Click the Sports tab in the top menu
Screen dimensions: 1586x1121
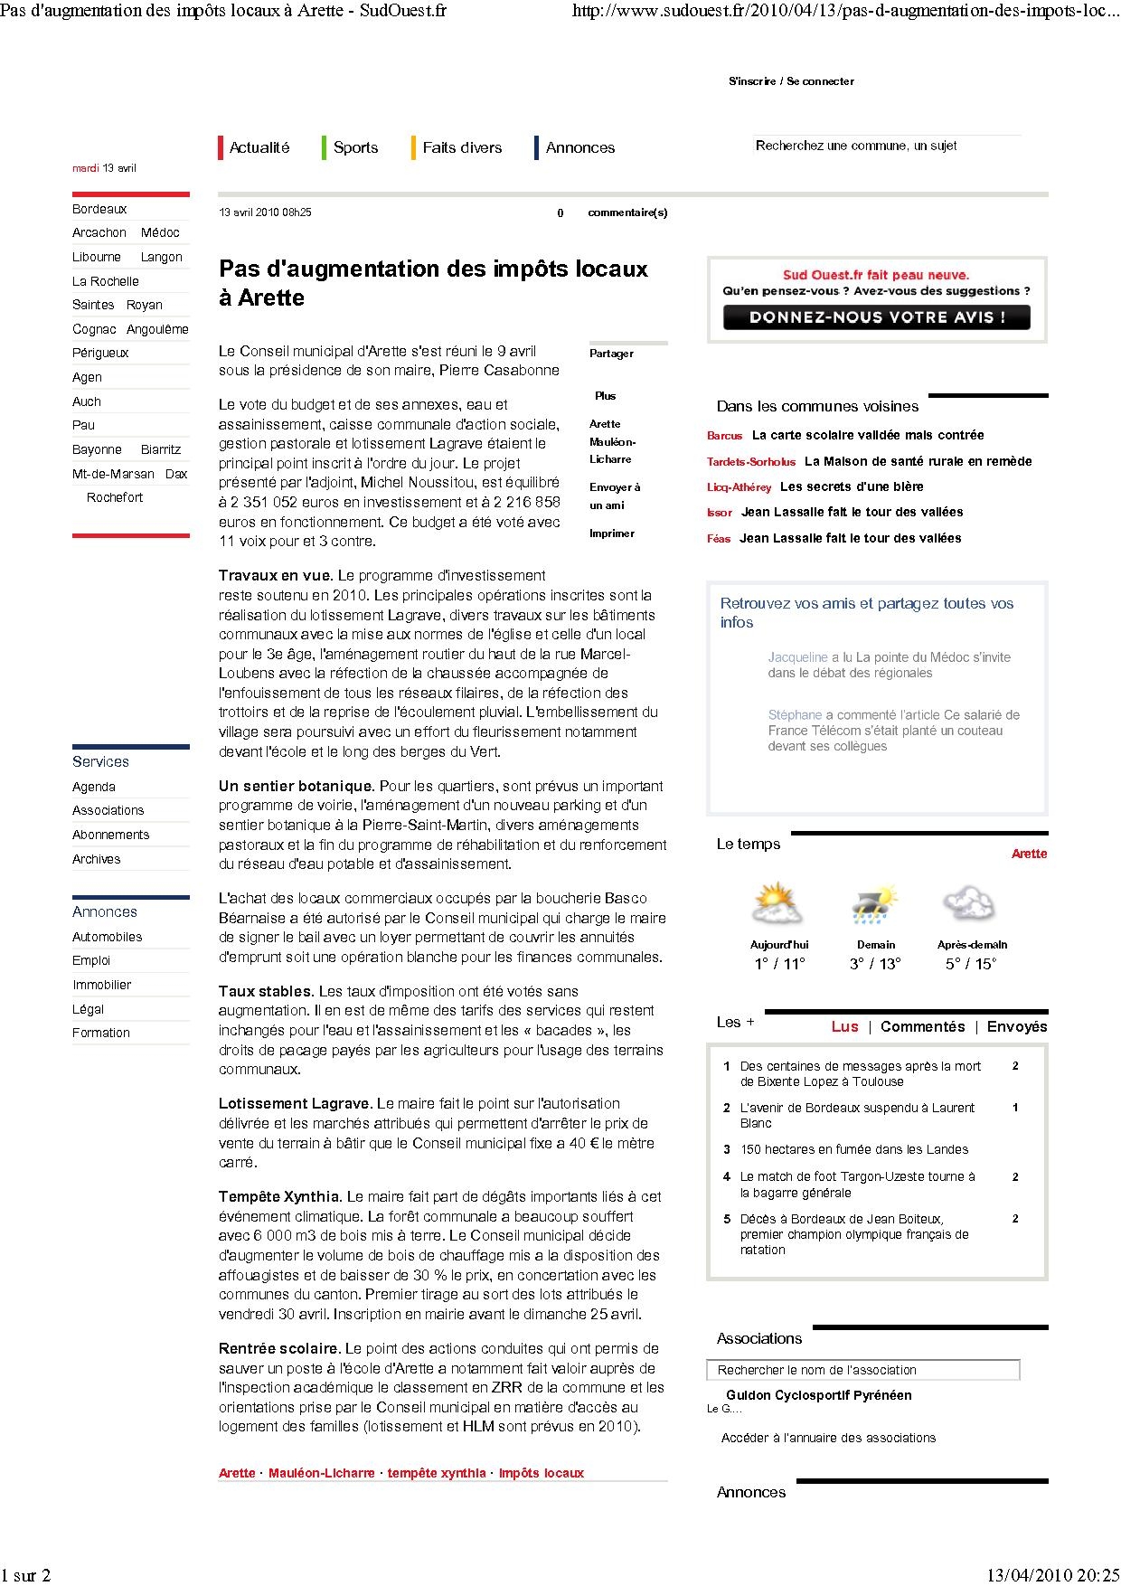click(x=355, y=147)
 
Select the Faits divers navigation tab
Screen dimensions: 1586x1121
click(x=461, y=147)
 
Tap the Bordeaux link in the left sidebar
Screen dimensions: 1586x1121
click(x=99, y=209)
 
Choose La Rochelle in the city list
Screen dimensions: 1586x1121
click(x=106, y=281)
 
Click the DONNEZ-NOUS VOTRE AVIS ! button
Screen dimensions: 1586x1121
click(x=876, y=317)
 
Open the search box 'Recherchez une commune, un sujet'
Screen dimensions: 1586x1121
click(x=886, y=146)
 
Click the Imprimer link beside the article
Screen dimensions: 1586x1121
click(x=612, y=533)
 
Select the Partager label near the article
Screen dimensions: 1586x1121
click(x=611, y=354)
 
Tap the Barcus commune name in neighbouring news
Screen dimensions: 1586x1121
click(x=724, y=436)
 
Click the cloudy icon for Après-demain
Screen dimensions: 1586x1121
click(x=969, y=903)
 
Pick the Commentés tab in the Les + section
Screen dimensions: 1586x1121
click(x=922, y=1026)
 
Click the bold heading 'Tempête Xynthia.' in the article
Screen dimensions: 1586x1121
click(x=279, y=1196)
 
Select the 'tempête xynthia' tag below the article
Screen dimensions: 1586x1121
click(x=437, y=1473)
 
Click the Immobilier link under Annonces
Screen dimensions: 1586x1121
click(x=102, y=985)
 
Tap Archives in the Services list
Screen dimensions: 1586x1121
click(x=96, y=859)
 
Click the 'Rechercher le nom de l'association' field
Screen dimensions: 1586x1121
click(x=862, y=1370)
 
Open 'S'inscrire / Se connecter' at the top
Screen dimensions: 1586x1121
click(x=791, y=81)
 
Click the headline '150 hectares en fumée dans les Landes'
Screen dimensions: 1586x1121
click(x=853, y=1149)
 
